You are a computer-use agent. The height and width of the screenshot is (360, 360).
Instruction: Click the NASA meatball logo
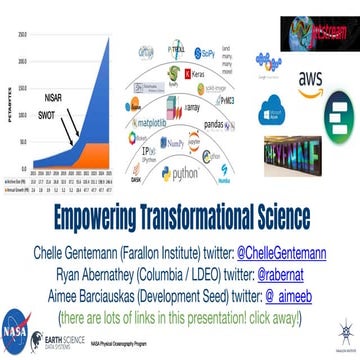[18, 332]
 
